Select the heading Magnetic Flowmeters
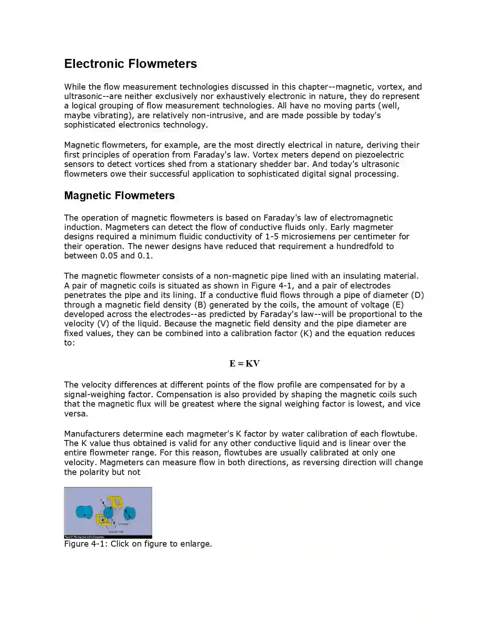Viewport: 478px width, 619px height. pos(119,195)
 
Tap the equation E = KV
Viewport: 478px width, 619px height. pos(244,363)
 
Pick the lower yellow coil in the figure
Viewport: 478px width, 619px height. pos(102,518)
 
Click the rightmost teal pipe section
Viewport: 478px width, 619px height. pos(130,513)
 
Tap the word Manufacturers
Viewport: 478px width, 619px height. pos(92,434)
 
